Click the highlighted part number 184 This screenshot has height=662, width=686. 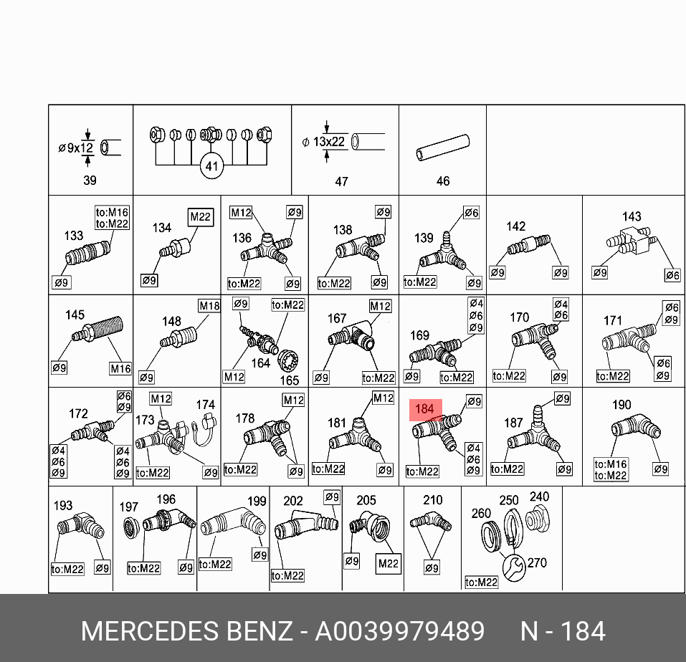point(425,409)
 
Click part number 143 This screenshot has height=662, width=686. point(632,216)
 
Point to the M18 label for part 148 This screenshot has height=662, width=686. point(209,306)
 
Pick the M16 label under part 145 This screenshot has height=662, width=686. point(120,368)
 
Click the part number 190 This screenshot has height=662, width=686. point(621,405)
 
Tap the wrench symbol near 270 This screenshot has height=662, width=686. point(513,566)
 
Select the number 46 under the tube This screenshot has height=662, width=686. point(443,181)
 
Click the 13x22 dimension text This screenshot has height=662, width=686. point(328,142)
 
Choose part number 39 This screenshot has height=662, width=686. point(90,181)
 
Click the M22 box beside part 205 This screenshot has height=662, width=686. point(388,563)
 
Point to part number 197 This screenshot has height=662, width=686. point(129,507)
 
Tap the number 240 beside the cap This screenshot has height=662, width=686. point(539,496)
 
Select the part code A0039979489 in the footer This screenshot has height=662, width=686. point(401,631)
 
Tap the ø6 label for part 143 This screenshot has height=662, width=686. point(672,274)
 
